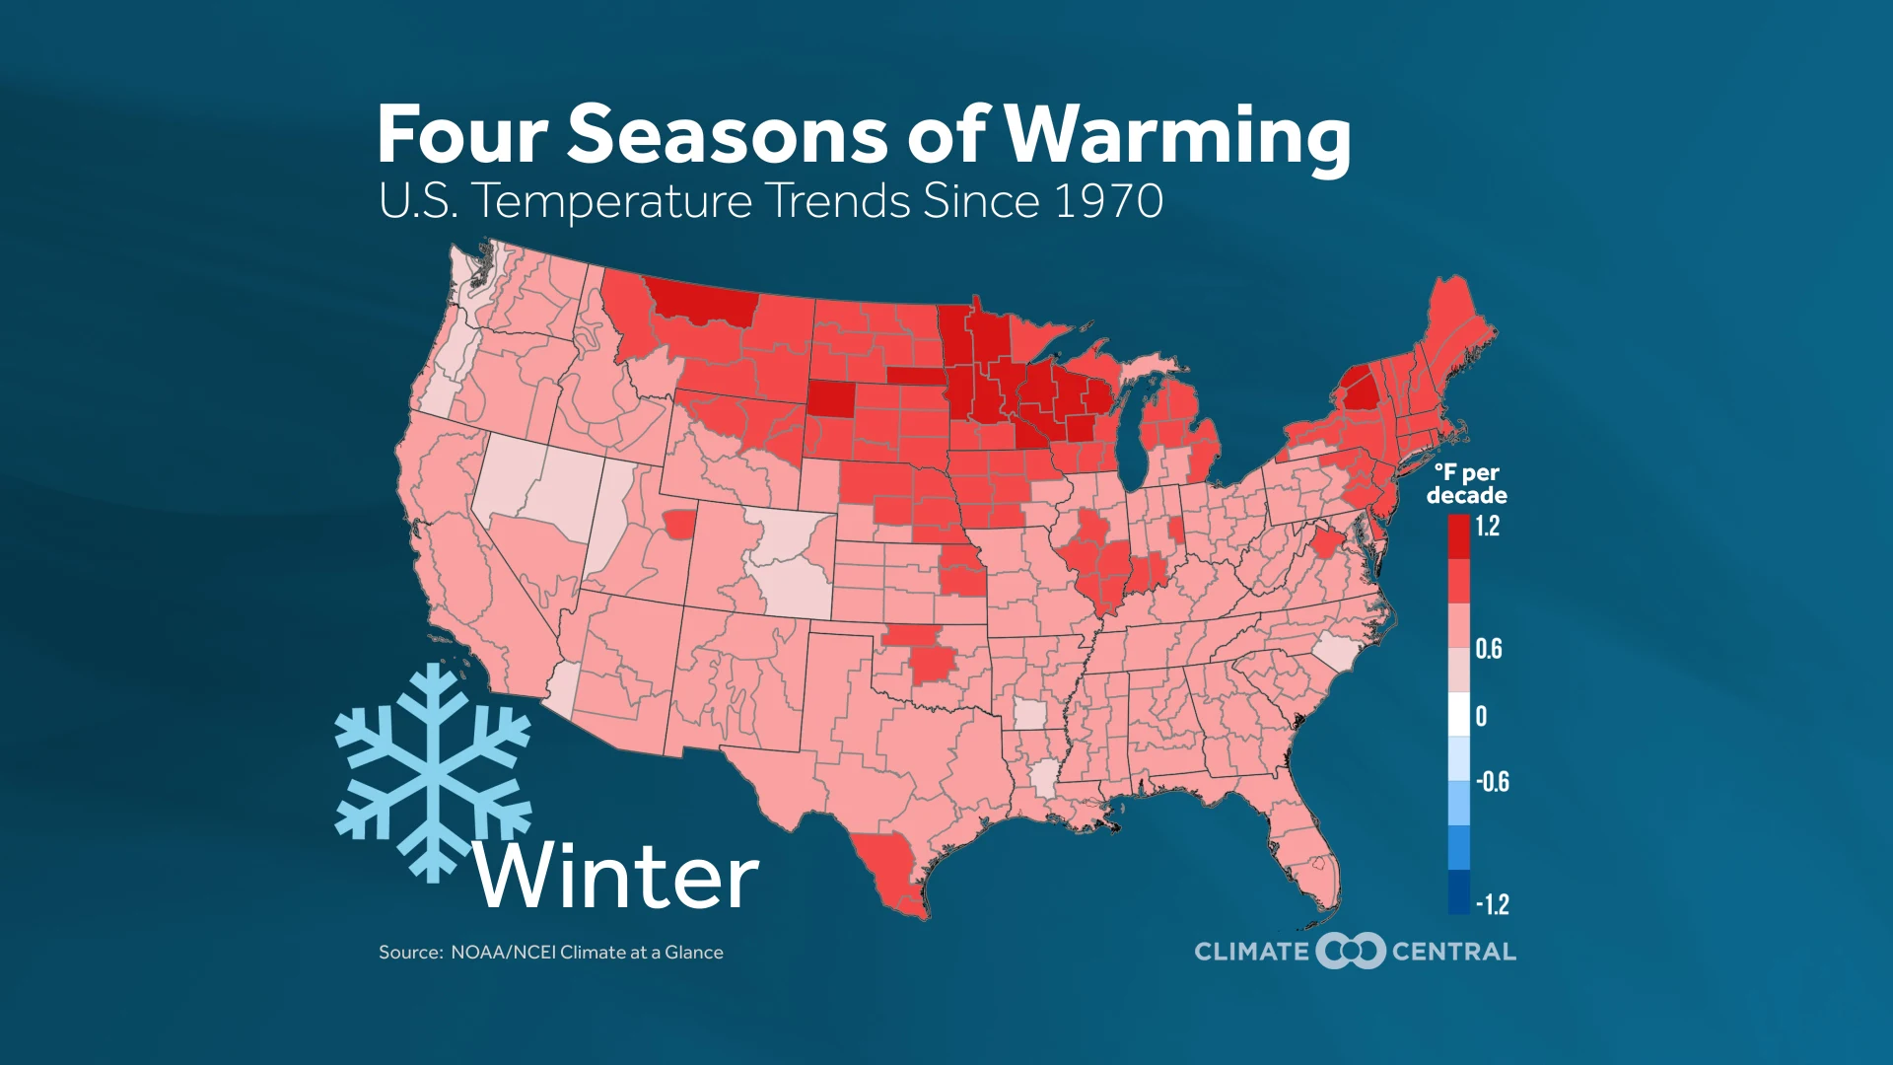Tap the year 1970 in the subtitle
(x=1108, y=201)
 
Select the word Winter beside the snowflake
(x=616, y=877)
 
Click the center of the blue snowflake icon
(x=434, y=772)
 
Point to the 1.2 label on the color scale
(x=1487, y=527)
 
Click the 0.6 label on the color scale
(x=1488, y=649)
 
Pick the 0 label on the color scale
(x=1481, y=716)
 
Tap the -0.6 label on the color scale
(x=1493, y=782)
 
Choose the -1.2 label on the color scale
(x=1493, y=903)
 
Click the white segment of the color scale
(x=1458, y=714)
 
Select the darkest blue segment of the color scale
(x=1458, y=891)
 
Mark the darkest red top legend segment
(x=1458, y=536)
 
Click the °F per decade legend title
(x=1466, y=484)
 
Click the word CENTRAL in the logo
(x=1453, y=952)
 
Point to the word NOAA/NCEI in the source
(x=503, y=953)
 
